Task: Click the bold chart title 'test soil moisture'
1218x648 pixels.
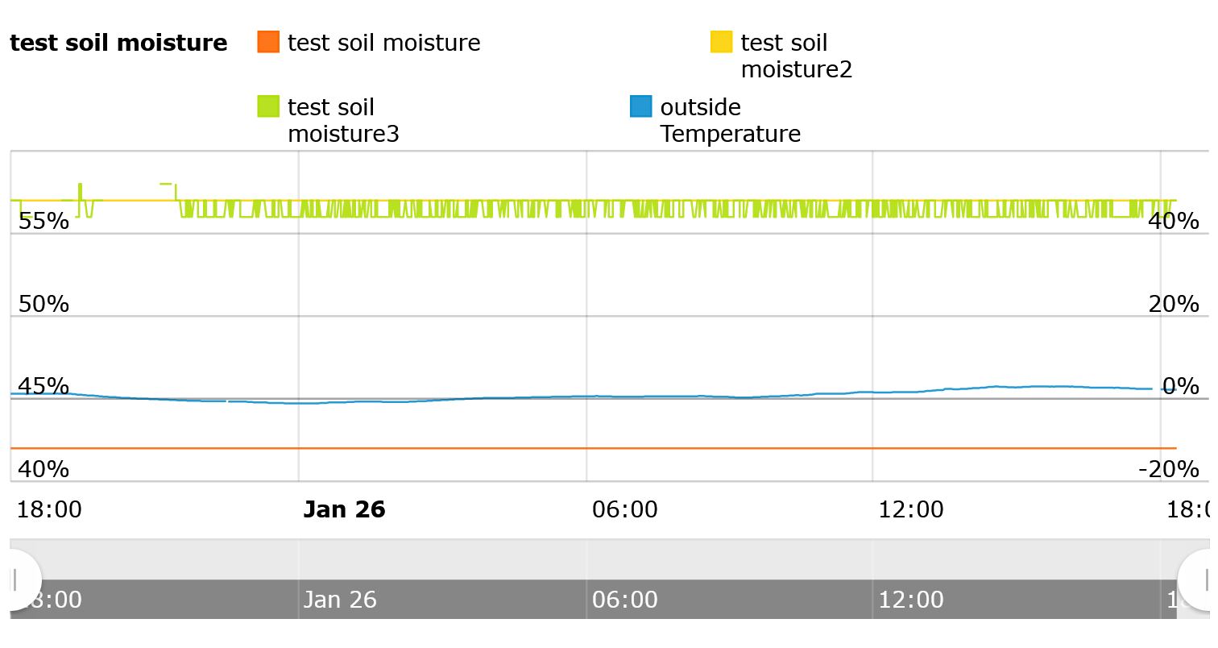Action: pyautogui.click(x=118, y=43)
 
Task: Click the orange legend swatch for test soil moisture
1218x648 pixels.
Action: pyautogui.click(x=268, y=42)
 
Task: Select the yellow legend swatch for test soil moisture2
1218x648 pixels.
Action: pyautogui.click(x=721, y=42)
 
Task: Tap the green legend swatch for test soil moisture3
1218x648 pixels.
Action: pyautogui.click(x=268, y=106)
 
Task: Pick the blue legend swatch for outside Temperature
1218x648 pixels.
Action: pyautogui.click(x=641, y=106)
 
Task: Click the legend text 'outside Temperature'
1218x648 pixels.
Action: pyautogui.click(x=730, y=120)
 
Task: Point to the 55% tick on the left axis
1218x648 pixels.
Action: pyautogui.click(x=43, y=221)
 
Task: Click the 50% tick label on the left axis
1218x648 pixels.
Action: pyautogui.click(x=43, y=304)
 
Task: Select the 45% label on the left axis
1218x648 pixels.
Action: pyautogui.click(x=43, y=386)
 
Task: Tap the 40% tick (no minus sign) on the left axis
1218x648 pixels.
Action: pyautogui.click(x=43, y=468)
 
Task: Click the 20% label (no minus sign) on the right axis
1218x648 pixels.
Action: pyautogui.click(x=1174, y=304)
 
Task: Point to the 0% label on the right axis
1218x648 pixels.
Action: pyautogui.click(x=1180, y=386)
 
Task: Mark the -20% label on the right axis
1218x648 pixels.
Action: pyautogui.click(x=1169, y=468)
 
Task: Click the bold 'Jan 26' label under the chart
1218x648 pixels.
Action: pyautogui.click(x=344, y=509)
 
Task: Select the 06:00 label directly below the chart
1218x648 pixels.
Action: pyautogui.click(x=624, y=509)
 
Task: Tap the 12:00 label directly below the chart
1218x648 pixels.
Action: pyautogui.click(x=910, y=509)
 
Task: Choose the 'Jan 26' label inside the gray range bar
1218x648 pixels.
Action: pyautogui.click(x=340, y=600)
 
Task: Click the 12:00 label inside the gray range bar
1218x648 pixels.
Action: pyautogui.click(x=910, y=600)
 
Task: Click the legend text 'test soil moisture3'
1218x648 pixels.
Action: pyautogui.click(x=343, y=120)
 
